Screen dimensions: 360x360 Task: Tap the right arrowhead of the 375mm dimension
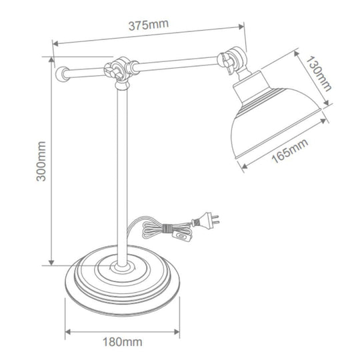point(241,27)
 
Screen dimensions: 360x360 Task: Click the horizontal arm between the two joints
point(177,64)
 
